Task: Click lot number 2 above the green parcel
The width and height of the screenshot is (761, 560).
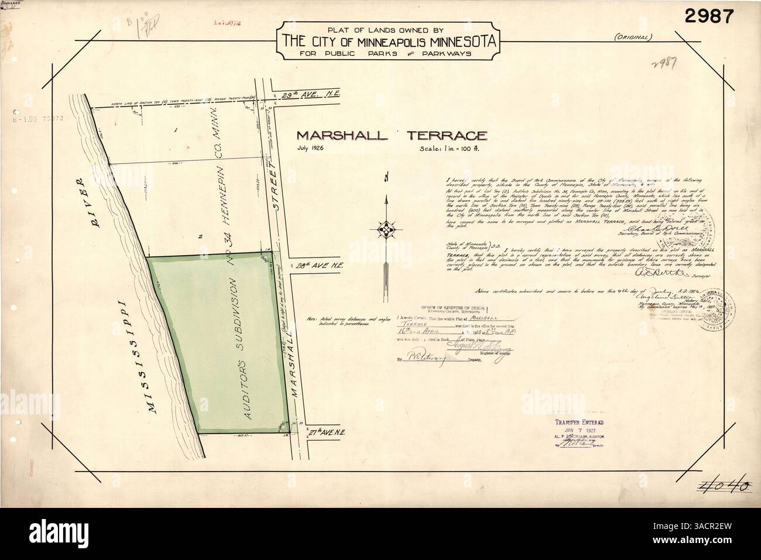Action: pyautogui.click(x=200, y=236)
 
